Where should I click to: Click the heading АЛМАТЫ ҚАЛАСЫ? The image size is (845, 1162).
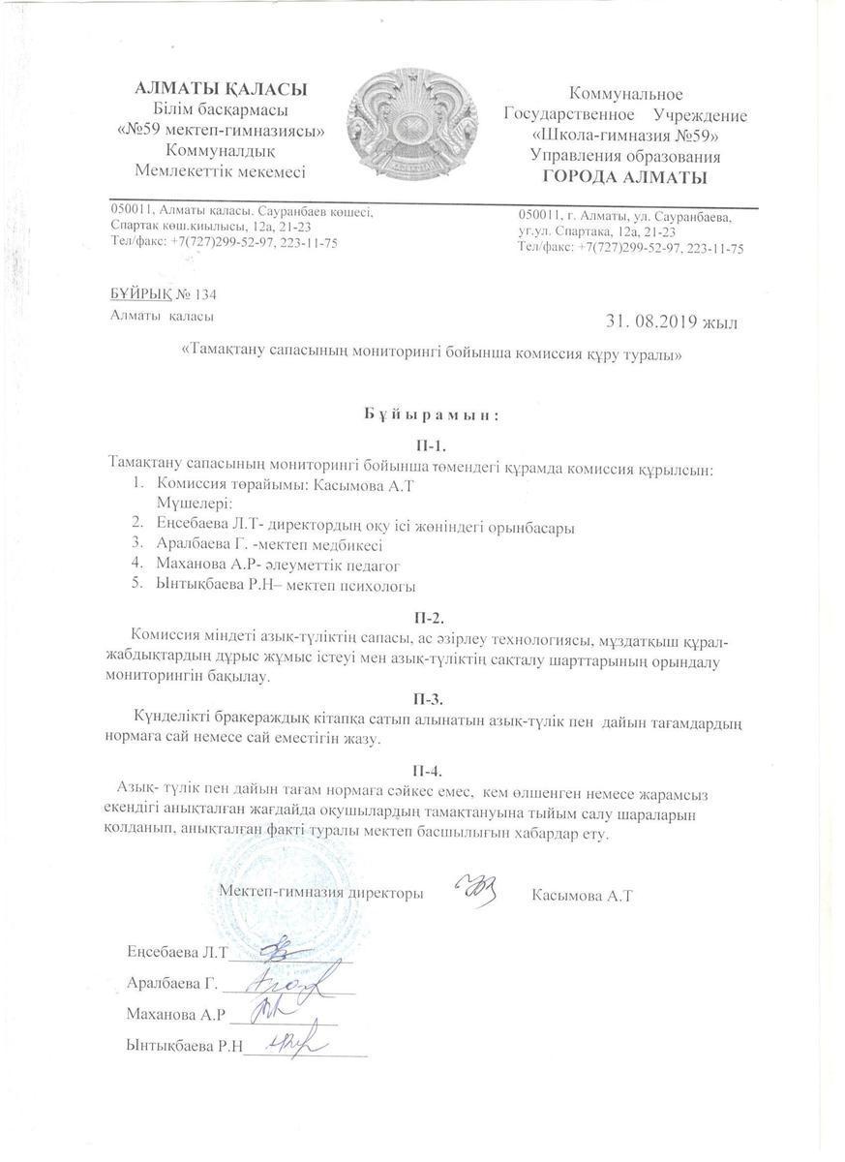click(221, 89)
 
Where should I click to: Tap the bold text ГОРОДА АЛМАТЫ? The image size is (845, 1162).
click(624, 176)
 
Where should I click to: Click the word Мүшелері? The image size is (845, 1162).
click(194, 504)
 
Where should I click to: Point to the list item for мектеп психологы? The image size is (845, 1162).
click(286, 586)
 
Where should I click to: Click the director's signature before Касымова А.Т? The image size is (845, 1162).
click(475, 891)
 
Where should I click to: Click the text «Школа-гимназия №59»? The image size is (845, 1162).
click(624, 136)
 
